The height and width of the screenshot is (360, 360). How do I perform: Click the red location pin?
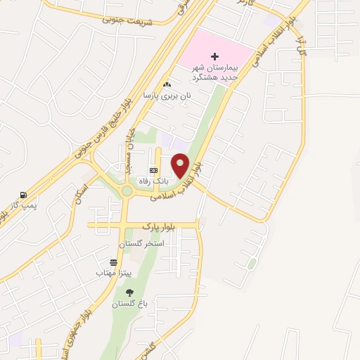[181, 164]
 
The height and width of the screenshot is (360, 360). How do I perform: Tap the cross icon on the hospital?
[214, 56]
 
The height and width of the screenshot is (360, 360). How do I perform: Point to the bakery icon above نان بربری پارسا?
[167, 85]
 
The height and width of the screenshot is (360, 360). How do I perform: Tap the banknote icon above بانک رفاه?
[154, 169]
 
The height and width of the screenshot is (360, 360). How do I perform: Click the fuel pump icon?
[24, 195]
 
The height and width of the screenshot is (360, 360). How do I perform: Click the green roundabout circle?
[127, 191]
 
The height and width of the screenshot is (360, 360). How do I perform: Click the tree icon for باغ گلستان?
[129, 293]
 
